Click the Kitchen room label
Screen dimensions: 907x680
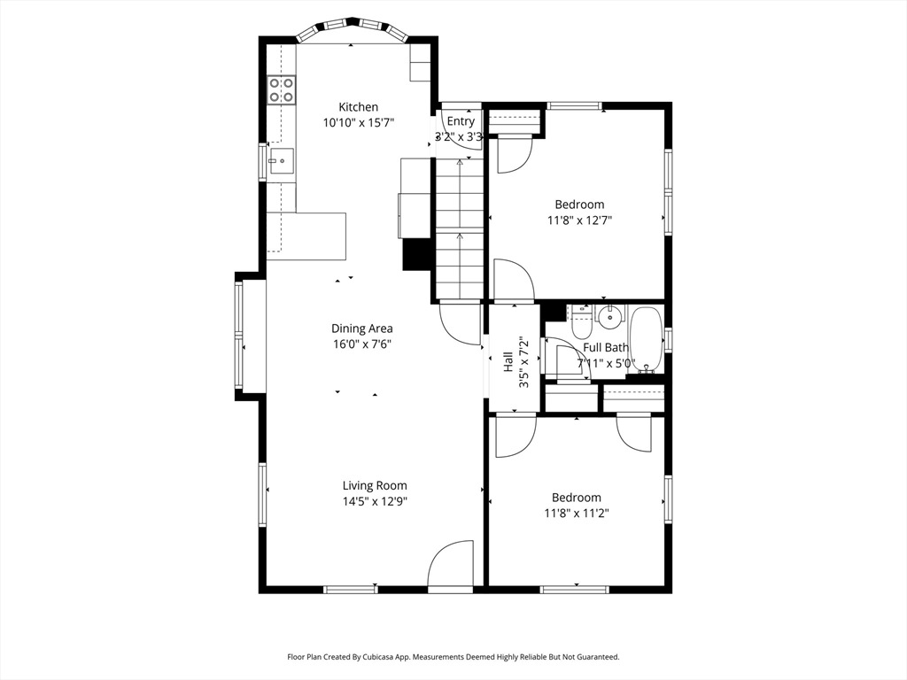(x=358, y=107)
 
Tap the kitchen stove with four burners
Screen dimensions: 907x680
(x=281, y=90)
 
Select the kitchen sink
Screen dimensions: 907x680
(x=281, y=162)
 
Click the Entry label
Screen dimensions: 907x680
(x=461, y=121)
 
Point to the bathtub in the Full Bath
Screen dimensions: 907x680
(x=645, y=340)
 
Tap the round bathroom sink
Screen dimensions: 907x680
(x=609, y=317)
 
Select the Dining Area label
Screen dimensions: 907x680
(x=362, y=328)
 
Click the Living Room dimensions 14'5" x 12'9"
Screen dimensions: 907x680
(x=375, y=501)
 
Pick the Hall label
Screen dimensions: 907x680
(x=508, y=361)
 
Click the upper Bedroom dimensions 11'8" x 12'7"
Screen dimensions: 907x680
(x=579, y=220)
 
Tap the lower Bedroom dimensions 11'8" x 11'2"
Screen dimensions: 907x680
(x=577, y=513)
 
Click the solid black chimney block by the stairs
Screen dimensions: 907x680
(x=417, y=254)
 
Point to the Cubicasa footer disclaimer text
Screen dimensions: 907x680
(x=453, y=657)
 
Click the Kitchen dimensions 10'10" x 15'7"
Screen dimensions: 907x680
(x=359, y=122)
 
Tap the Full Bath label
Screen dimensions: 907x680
(x=606, y=347)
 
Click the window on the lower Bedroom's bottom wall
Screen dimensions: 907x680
(x=574, y=589)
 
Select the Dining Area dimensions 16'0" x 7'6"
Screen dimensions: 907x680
(x=361, y=344)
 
